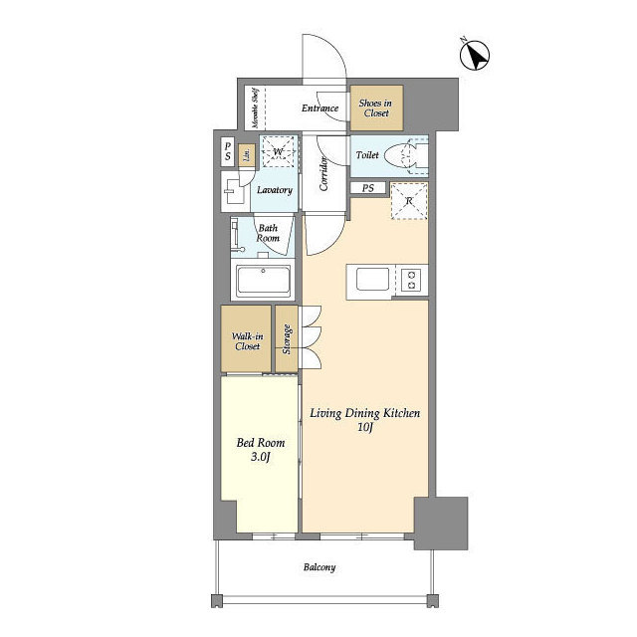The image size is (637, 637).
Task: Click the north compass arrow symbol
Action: coord(475,55)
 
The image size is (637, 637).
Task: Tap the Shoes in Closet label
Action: coord(376,108)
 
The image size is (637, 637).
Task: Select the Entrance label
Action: coord(319,108)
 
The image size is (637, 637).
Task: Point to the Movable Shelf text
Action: coord(255,108)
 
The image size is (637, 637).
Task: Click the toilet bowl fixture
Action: coord(401,155)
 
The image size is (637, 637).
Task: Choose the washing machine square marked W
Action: coord(278,151)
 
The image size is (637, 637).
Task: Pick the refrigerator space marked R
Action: coord(409,201)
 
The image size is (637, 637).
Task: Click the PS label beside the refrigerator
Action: coord(368,188)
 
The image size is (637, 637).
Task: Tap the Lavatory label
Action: coord(275,190)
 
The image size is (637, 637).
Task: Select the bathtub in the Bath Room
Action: coord(263,281)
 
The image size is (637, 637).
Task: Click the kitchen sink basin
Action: coord(372,280)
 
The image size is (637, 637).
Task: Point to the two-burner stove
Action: coord(411,280)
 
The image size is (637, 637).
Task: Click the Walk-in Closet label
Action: coord(247,341)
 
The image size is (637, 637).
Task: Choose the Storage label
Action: coord(287,339)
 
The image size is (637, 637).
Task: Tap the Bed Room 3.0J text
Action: coord(261,450)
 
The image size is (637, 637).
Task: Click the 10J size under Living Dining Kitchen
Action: coord(365,427)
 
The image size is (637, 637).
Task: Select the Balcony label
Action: coord(319,567)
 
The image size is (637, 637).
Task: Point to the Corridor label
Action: coord(323,173)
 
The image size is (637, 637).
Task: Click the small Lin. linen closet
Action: coord(246,155)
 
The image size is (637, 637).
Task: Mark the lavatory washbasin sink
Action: coord(233,191)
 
